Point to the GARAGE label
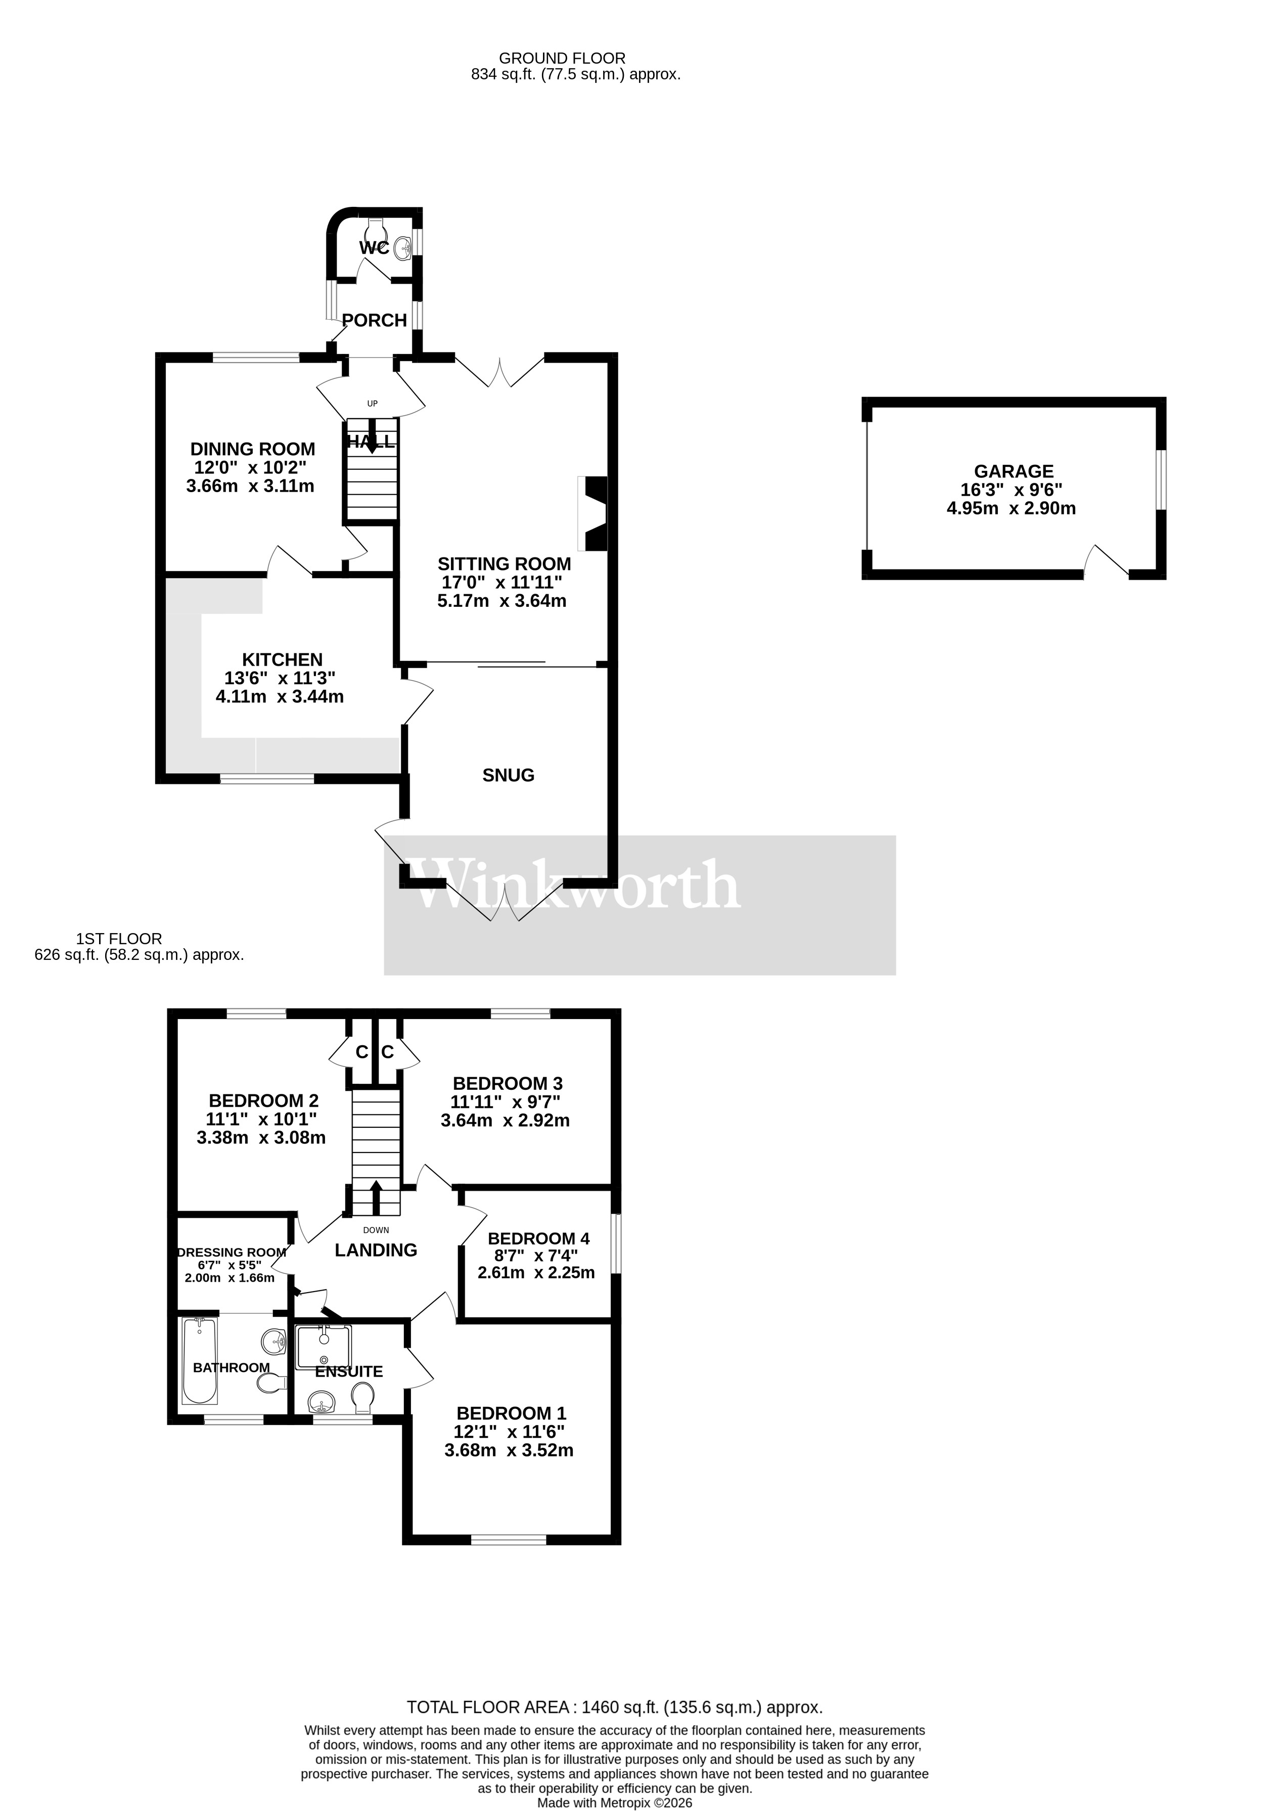click(x=1014, y=472)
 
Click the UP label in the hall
click(x=372, y=404)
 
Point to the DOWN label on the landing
click(x=376, y=1230)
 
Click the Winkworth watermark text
click(x=576, y=885)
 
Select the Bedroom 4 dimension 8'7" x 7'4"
click(x=536, y=1255)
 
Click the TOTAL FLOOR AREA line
click(x=614, y=1708)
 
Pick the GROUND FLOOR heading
click(x=562, y=58)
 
